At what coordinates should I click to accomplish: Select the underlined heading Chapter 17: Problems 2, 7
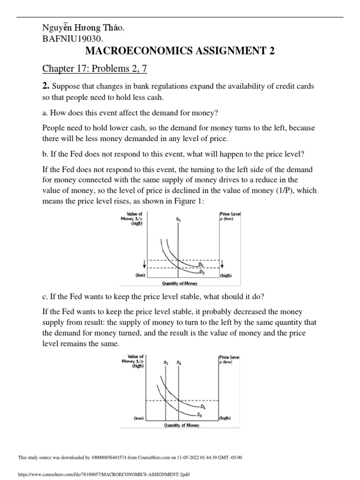coord(95,69)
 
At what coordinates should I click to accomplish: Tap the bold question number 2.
coord(46,86)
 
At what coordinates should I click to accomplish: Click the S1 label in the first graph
coord(179,219)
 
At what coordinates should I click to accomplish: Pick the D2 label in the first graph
coord(202,272)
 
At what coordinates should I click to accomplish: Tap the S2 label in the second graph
coord(166,362)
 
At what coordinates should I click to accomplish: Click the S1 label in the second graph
coord(179,362)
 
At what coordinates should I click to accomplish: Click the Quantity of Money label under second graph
coord(181,425)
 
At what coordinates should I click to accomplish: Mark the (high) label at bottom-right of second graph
coord(225,417)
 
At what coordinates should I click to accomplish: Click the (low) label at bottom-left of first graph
coord(140,276)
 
